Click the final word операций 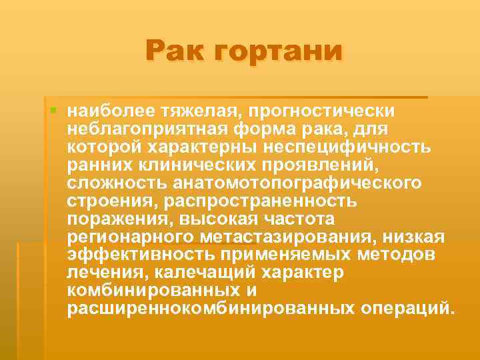tap(408, 309)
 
